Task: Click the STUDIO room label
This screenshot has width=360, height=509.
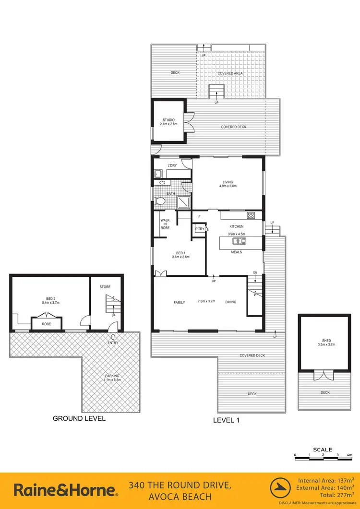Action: click(168, 120)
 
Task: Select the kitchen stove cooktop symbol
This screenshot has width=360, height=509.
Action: click(250, 215)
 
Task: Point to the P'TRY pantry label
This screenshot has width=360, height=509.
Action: click(200, 229)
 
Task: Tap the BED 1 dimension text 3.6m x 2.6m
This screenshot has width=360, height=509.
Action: click(180, 257)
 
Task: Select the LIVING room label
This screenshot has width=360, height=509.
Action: click(228, 182)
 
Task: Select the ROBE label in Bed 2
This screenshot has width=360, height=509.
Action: click(46, 324)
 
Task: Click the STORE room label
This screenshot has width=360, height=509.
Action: click(105, 287)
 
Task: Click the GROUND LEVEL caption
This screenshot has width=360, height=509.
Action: click(79, 418)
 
